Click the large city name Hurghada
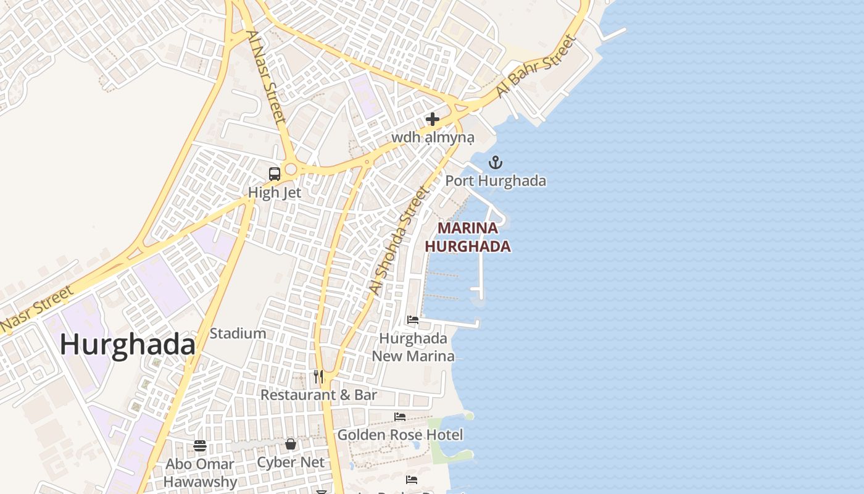(127, 345)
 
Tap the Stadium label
(238, 333)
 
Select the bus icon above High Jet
(275, 174)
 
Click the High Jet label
(275, 193)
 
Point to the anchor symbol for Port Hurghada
(495, 163)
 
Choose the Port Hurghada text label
(496, 181)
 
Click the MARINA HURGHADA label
(468, 237)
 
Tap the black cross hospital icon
(433, 119)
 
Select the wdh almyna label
(433, 137)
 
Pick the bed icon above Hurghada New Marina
(413, 320)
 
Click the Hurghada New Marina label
(413, 347)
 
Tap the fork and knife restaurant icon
(318, 377)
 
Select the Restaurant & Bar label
(318, 395)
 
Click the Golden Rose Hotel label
(400, 435)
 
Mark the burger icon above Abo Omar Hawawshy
(200, 446)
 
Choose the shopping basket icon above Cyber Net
(291, 444)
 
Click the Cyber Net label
(291, 462)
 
